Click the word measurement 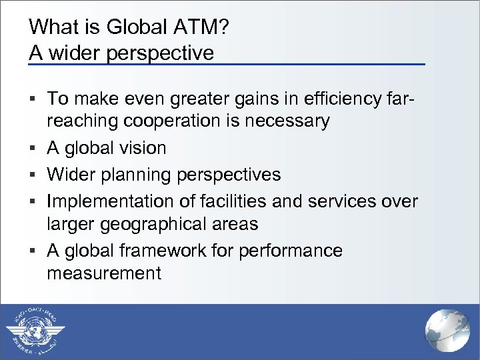coord(104,273)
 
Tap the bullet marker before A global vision coord(33,148)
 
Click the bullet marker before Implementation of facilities coord(33,201)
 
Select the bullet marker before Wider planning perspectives coord(33,175)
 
